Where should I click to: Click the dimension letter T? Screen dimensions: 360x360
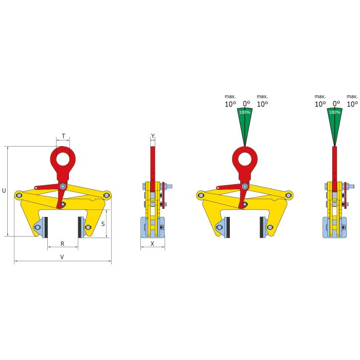point(63,136)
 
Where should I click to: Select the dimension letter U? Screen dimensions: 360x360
point(4,191)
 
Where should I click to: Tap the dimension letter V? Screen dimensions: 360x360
point(62,257)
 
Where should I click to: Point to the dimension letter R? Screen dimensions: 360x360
point(62,244)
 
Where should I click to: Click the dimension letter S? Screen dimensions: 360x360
point(103,224)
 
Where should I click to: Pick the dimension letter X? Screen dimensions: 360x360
point(152,244)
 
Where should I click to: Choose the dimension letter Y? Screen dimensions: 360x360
point(153,136)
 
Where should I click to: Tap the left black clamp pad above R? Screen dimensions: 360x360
point(46,227)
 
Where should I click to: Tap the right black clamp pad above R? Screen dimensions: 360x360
point(80,227)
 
